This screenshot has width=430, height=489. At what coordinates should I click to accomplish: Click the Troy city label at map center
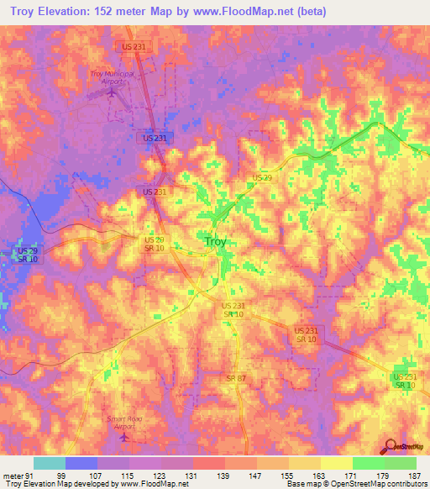pos(216,242)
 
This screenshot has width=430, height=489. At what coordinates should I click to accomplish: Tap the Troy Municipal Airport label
pos(112,77)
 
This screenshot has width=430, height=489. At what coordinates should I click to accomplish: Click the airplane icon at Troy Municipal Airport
pos(113,92)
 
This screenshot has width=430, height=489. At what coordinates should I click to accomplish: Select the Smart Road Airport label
pos(125,423)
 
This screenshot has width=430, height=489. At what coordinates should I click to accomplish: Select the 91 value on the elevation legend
pos(32,476)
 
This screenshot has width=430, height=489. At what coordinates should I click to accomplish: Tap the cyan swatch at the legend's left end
pos(50,464)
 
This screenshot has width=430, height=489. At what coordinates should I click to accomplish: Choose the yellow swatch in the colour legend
pos(337,464)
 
